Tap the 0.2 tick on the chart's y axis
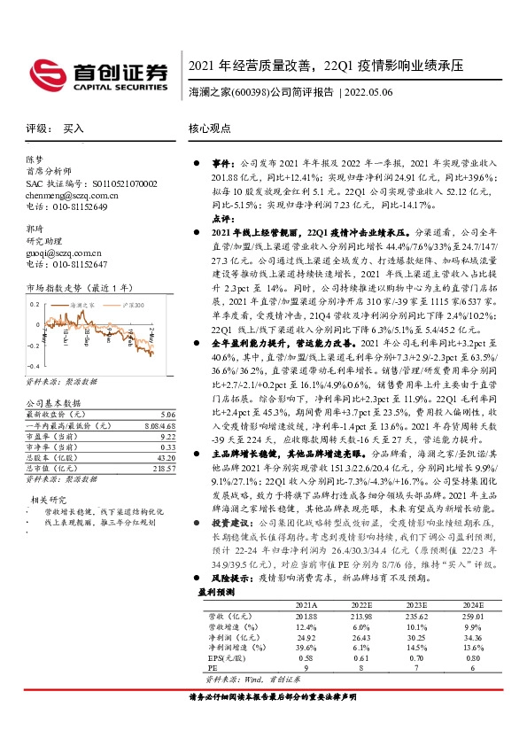(x=35, y=304)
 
